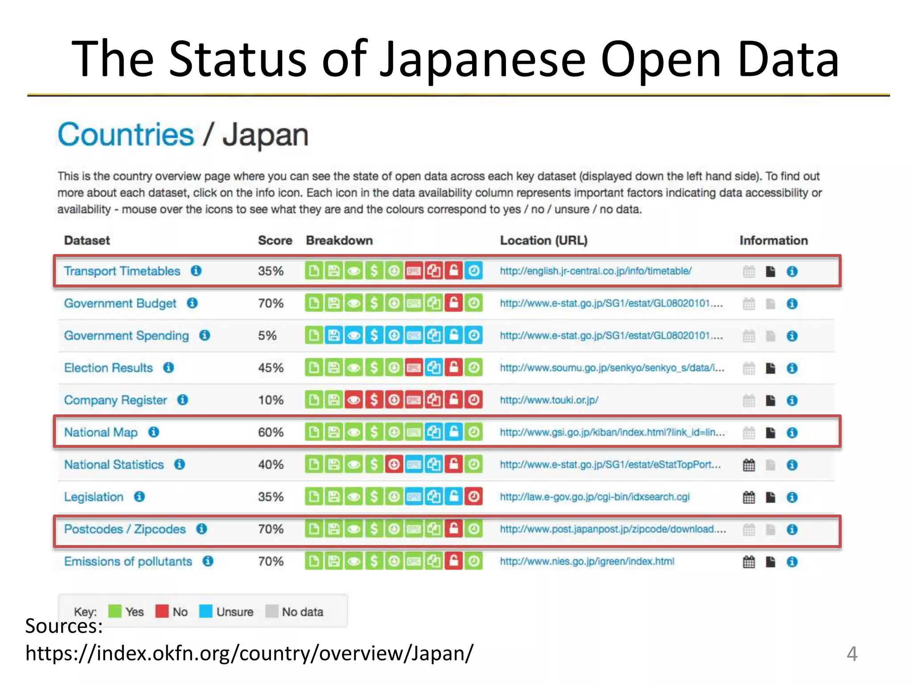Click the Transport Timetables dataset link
pyautogui.click(x=122, y=271)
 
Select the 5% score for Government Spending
pyautogui.click(x=267, y=335)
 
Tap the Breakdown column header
pyautogui.click(x=339, y=240)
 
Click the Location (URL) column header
pyautogui.click(x=543, y=240)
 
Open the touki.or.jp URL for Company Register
pyautogui.click(x=549, y=400)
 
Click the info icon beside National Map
pyautogui.click(x=154, y=432)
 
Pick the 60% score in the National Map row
pyautogui.click(x=271, y=432)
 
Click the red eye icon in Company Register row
pyautogui.click(x=354, y=400)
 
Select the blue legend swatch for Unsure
pyautogui.click(x=206, y=611)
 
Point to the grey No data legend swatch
pyautogui.click(x=271, y=611)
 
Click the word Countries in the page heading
pyautogui.click(x=126, y=135)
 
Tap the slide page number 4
pyautogui.click(x=851, y=654)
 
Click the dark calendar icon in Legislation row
pyautogui.click(x=749, y=497)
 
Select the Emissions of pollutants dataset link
pyautogui.click(x=128, y=561)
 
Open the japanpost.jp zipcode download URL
pyautogui.click(x=613, y=529)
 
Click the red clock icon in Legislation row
pyautogui.click(x=473, y=497)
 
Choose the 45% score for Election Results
pyautogui.click(x=271, y=368)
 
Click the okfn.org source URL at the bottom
pyautogui.click(x=249, y=654)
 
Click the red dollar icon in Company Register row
pyautogui.click(x=374, y=400)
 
